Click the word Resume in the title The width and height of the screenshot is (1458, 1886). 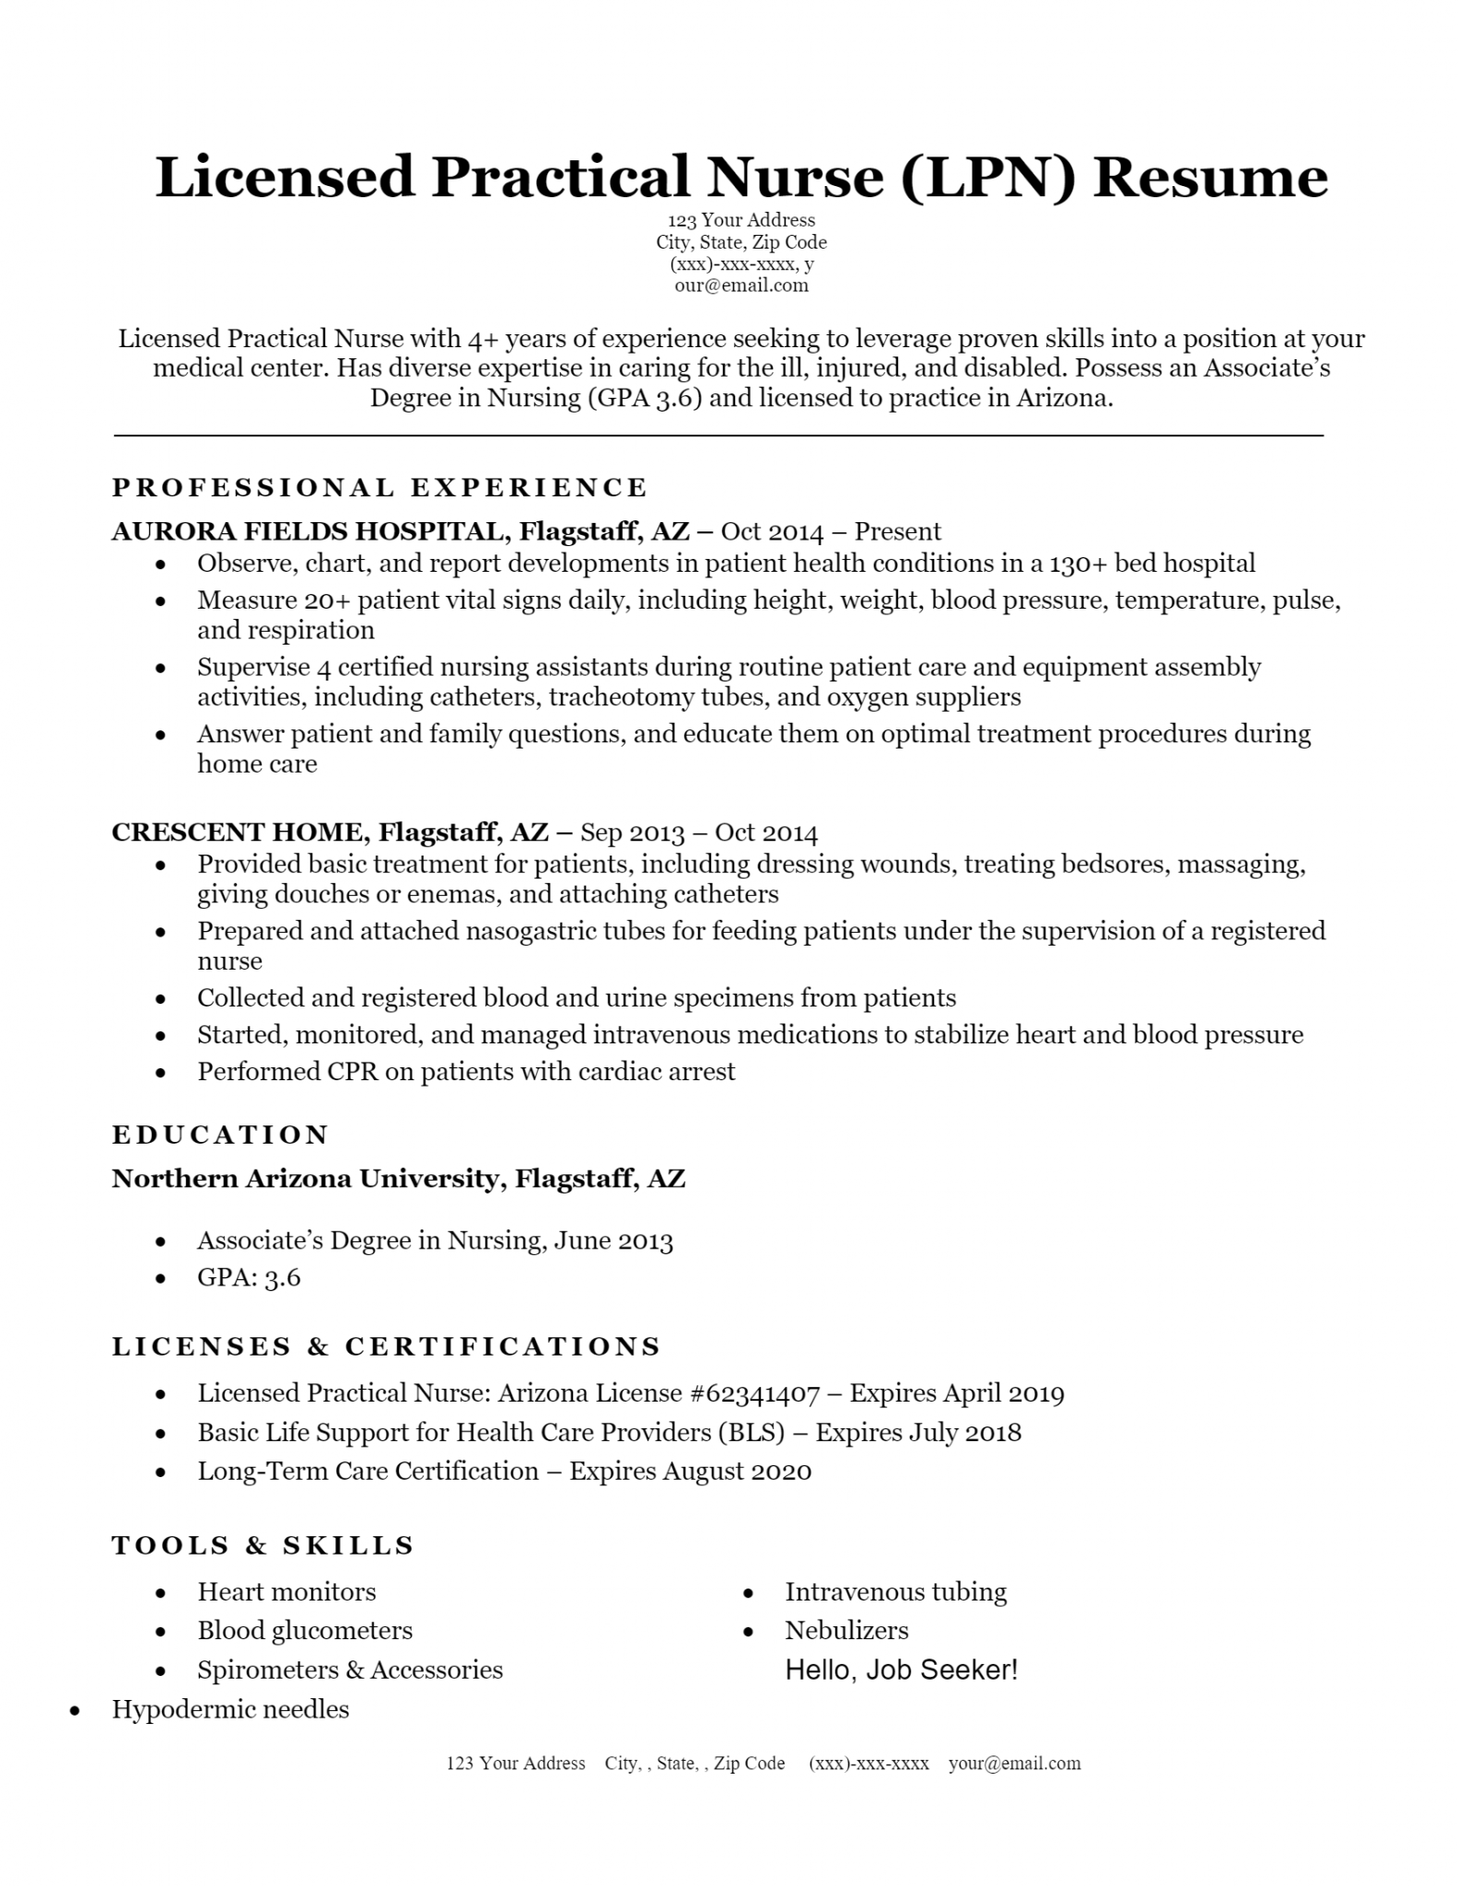(x=1210, y=177)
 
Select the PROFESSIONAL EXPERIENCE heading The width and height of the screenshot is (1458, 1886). (x=379, y=487)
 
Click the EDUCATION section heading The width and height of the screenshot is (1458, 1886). (x=220, y=1135)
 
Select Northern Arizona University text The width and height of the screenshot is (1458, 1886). (x=304, y=1179)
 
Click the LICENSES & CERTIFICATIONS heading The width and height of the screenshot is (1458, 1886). (x=386, y=1347)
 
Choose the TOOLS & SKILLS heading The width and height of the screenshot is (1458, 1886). (x=263, y=1545)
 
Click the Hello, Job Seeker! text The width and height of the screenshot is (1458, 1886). (x=901, y=1671)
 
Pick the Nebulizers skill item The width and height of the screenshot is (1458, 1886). (x=846, y=1631)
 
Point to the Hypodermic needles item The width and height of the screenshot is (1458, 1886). (x=230, y=1710)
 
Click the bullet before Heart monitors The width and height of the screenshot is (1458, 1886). (x=161, y=1593)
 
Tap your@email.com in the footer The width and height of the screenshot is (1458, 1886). (x=1014, y=1764)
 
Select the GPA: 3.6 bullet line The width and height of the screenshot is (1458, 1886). (x=249, y=1277)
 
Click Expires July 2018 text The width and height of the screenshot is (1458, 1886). (x=918, y=1433)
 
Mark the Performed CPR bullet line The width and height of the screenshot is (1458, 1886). (x=466, y=1072)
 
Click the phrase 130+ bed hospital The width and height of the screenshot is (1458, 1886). (x=1151, y=564)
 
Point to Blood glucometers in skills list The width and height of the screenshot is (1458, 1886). (x=304, y=1631)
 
